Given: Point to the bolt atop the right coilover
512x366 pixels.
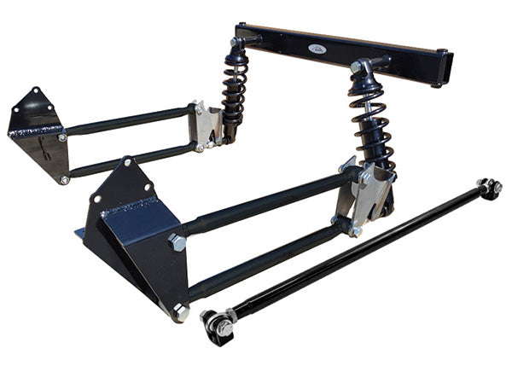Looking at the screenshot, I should pos(358,66).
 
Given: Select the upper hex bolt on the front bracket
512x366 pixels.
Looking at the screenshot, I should pos(177,241).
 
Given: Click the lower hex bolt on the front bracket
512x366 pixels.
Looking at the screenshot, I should pos(180,312).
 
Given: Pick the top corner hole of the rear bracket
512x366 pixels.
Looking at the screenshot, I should pos(37,91).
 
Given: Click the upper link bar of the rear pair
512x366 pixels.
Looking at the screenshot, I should pos(128,120).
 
